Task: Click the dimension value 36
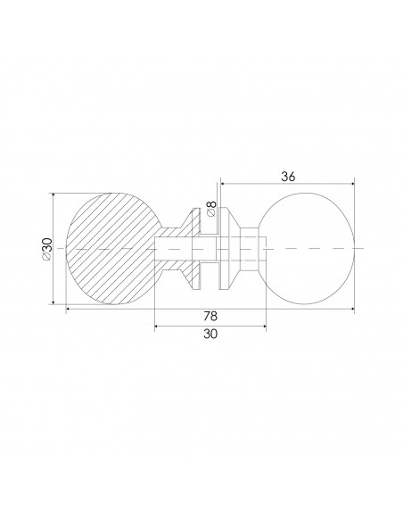click(288, 176)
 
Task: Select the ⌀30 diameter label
click(46, 248)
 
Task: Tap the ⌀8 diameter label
click(211, 210)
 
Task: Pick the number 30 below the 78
click(210, 335)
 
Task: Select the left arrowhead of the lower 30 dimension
click(158, 325)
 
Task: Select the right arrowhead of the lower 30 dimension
click(265, 325)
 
